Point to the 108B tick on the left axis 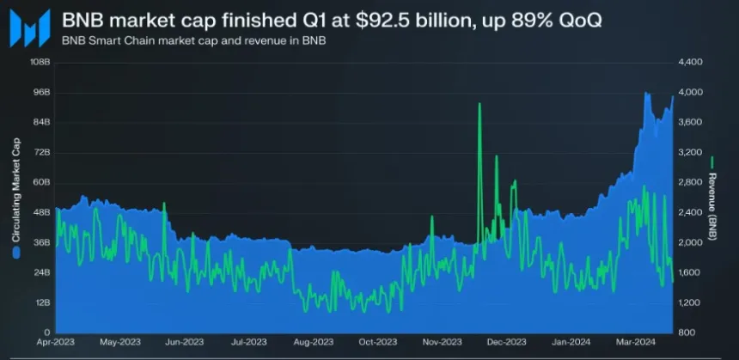point(40,63)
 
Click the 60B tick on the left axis point(40,182)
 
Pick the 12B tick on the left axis point(40,302)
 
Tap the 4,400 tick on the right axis point(692,63)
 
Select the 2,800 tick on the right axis point(692,182)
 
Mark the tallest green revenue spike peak point(479,104)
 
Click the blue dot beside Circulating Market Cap point(15,253)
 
